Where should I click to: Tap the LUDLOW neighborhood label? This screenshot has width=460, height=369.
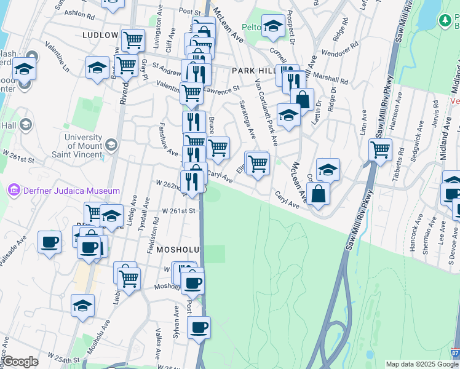click(x=99, y=35)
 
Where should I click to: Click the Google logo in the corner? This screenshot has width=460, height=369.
click(x=20, y=362)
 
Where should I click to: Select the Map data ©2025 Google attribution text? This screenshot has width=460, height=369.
click(x=422, y=364)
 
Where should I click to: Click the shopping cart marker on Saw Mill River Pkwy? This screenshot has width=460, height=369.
click(x=381, y=148)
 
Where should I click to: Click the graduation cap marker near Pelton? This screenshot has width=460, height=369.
click(x=272, y=25)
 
